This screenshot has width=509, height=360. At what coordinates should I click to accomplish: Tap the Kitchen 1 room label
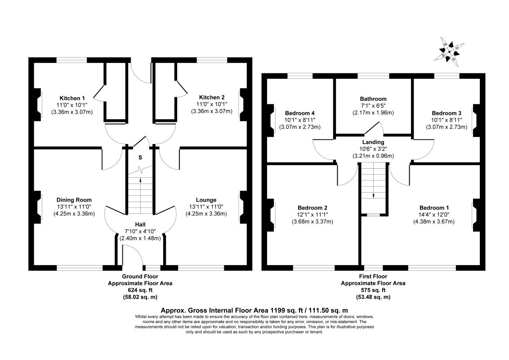pos(72,98)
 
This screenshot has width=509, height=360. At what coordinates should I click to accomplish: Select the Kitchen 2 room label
pos(212,97)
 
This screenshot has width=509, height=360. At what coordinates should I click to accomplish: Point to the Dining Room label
pos(74,200)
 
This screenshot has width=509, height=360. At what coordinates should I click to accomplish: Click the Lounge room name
pos(206,200)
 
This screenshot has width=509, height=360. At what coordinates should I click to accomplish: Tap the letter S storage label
pos(140,157)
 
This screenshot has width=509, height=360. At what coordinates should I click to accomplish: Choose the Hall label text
pos(140,224)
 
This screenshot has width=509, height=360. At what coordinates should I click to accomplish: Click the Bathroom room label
pos(373,99)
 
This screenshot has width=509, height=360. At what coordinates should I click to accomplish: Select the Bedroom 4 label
pos(300,113)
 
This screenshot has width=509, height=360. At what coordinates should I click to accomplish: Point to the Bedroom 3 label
pos(446,113)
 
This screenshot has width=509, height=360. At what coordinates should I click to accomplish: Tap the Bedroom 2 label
pos(313,207)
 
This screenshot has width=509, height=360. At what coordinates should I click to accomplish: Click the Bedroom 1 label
pos(434,207)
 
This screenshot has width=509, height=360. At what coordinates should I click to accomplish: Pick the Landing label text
pos(373,142)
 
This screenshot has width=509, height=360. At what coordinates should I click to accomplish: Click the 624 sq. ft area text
pos(140,290)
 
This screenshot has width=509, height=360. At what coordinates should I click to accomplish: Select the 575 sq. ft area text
pos(373,290)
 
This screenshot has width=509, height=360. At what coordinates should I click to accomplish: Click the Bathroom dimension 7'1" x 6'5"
pos(373,106)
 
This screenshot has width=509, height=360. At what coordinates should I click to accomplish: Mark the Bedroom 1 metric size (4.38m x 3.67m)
pos(434,221)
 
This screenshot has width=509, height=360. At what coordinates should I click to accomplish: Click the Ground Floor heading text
pos(140,276)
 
